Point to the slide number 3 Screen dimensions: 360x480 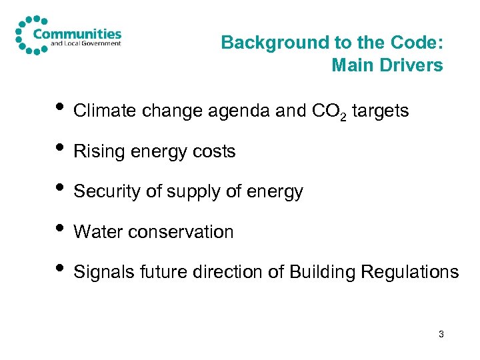coord(441,333)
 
